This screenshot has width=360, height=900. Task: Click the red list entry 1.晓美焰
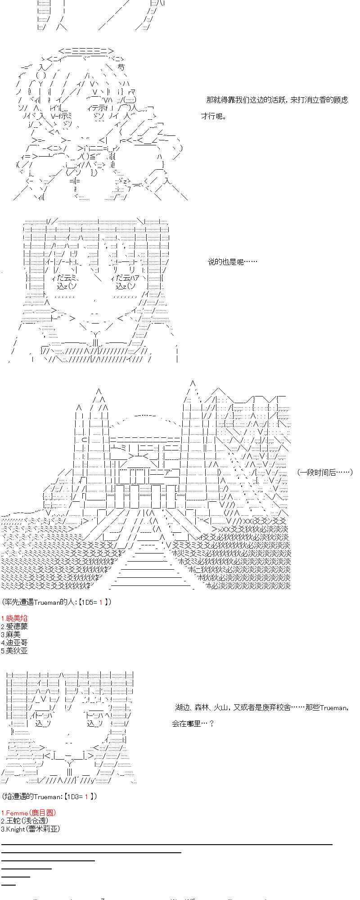pyautogui.click(x=14, y=618)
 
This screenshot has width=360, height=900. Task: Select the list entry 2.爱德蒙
pyautogui.click(x=14, y=626)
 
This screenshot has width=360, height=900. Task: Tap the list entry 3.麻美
pyautogui.click(x=11, y=634)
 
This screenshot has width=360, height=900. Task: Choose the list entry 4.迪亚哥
pyautogui.click(x=14, y=643)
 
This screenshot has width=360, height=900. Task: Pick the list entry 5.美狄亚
pyautogui.click(x=14, y=651)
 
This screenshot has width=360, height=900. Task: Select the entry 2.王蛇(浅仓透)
pyautogui.click(x=25, y=821)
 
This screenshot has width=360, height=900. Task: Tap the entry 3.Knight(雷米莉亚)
pyautogui.click(x=30, y=829)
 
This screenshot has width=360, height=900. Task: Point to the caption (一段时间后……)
pyautogui.click(x=324, y=472)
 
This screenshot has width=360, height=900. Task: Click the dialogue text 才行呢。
pyautogui.click(x=214, y=117)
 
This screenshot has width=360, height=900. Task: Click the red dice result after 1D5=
pyautogui.click(x=101, y=602)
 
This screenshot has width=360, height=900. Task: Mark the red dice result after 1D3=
pyautogui.click(x=86, y=796)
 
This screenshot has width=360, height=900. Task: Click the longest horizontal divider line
pyautogui.click(x=166, y=845)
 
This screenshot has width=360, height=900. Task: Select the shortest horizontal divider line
pyautogui.click(x=9, y=885)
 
